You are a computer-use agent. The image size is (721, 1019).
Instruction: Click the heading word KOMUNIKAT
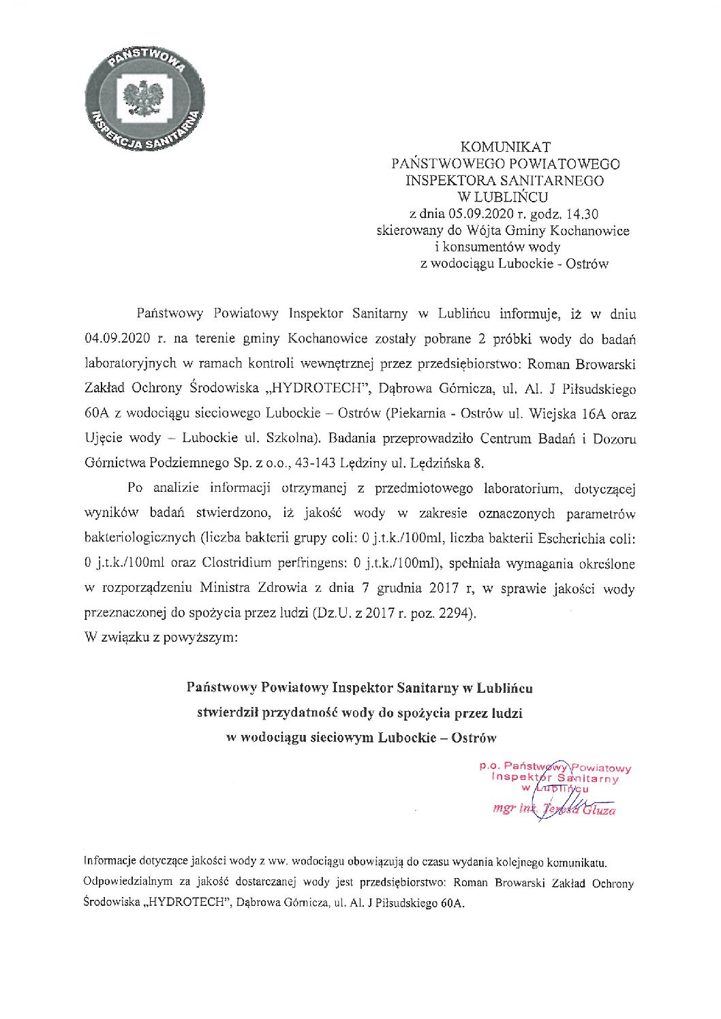(x=505, y=146)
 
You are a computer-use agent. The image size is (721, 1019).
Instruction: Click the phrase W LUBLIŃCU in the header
(x=505, y=198)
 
